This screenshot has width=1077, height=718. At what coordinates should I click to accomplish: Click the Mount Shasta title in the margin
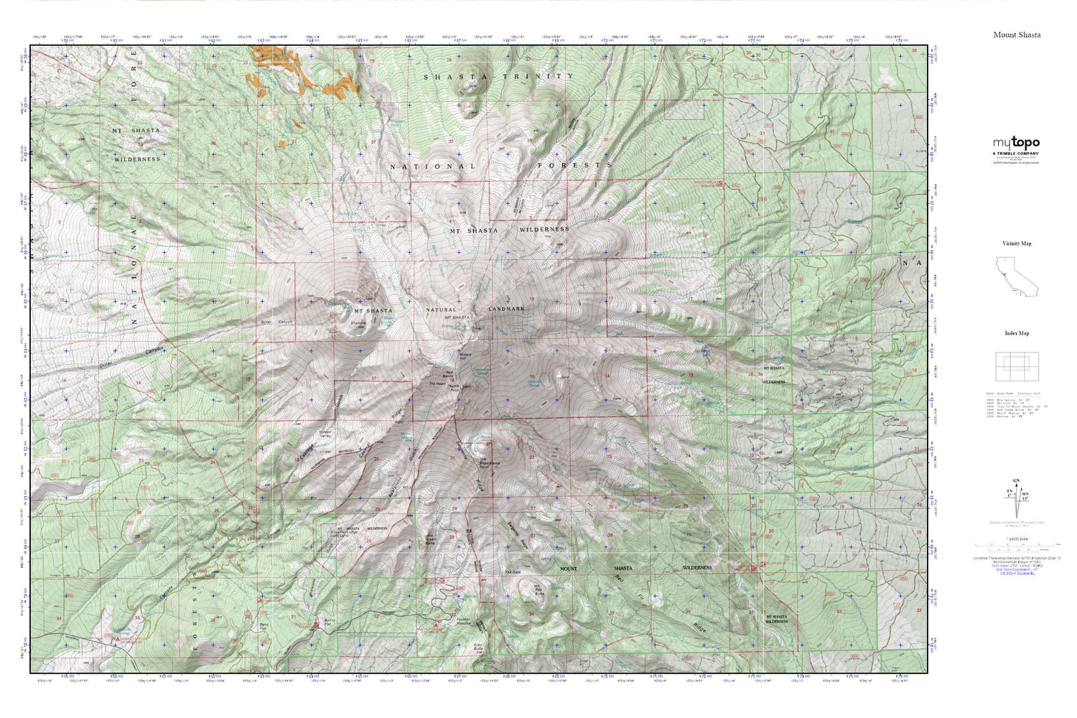point(1017,34)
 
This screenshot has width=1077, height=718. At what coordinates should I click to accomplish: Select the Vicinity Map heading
point(1017,243)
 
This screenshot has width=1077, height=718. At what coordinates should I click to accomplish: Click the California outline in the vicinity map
point(1017,277)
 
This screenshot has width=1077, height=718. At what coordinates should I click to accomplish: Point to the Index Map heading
point(1017,333)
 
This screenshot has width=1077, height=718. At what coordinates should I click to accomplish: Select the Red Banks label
point(447,376)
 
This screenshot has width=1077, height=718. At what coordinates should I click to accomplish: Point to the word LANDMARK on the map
point(506,309)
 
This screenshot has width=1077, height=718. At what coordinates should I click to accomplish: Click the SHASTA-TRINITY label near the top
point(498,76)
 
